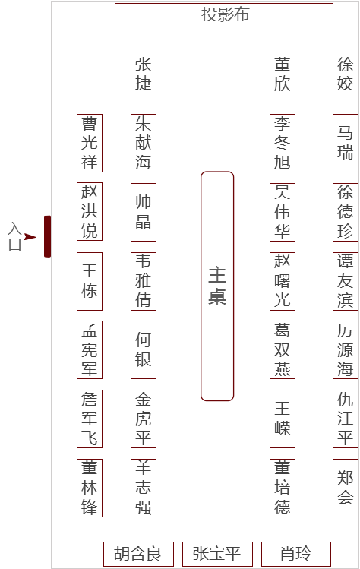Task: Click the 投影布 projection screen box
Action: (x=224, y=15)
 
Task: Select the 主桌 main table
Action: (x=217, y=286)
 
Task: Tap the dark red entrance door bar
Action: (x=47, y=236)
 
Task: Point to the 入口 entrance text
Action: (x=14, y=236)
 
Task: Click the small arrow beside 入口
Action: (x=30, y=237)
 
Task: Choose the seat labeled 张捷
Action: (x=144, y=74)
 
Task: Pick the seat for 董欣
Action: (x=283, y=74)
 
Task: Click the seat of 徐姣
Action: (x=346, y=74)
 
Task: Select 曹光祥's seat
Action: (x=90, y=143)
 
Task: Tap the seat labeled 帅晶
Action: (x=144, y=212)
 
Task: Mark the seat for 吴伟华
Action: (x=283, y=212)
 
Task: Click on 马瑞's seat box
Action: (x=346, y=143)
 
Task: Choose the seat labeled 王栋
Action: (x=90, y=281)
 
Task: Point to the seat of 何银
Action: (x=144, y=349)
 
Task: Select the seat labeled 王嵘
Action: (x=283, y=419)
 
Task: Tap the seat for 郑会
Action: (x=346, y=488)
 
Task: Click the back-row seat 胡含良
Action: (x=139, y=554)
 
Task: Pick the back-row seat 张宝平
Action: (x=217, y=554)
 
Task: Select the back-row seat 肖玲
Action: (x=296, y=554)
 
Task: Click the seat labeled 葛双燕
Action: (x=283, y=349)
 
